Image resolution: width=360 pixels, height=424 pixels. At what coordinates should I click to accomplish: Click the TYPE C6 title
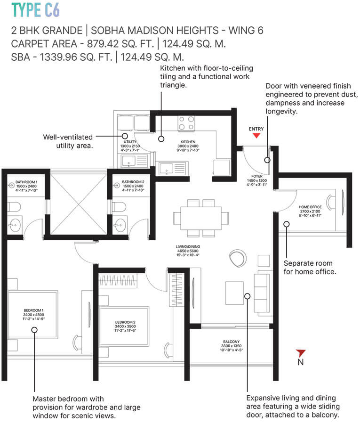(x=36, y=10)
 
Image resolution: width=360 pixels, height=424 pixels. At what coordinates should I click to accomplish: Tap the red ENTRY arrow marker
(x=256, y=136)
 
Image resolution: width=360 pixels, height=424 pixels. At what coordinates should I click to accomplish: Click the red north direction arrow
(x=301, y=353)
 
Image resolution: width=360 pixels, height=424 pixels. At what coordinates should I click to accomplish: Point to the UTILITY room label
(x=129, y=141)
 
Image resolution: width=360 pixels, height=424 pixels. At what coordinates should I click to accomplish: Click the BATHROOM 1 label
(x=26, y=182)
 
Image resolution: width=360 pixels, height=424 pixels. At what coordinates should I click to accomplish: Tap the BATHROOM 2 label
(x=133, y=182)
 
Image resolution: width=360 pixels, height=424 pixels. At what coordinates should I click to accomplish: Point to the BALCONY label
(x=232, y=342)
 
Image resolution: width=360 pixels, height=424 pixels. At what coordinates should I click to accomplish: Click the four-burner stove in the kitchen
(x=186, y=123)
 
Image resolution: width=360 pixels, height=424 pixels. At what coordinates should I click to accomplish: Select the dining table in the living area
(x=201, y=218)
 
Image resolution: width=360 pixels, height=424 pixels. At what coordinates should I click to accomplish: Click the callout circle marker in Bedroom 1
(x=34, y=330)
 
